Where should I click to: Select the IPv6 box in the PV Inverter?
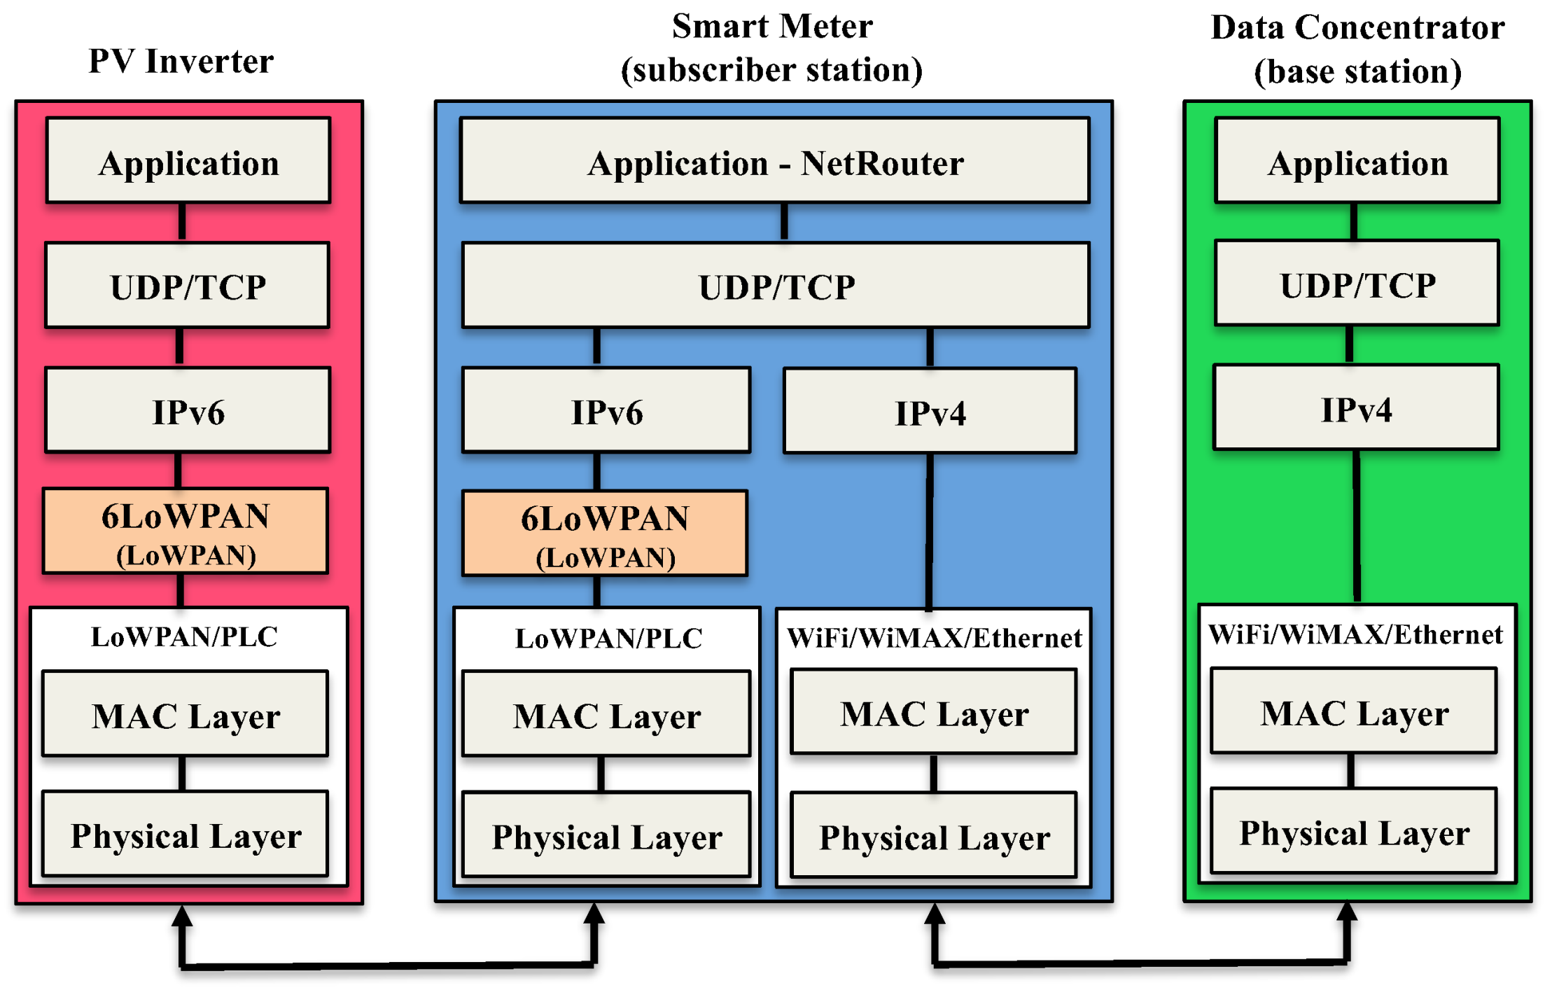188,411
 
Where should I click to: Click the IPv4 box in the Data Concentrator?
1356,408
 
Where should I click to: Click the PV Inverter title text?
181,62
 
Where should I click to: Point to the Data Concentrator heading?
1357,49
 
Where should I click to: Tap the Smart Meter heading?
771,48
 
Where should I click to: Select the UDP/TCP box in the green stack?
1357,284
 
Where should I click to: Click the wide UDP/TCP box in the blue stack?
776,286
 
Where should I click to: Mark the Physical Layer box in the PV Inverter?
186,835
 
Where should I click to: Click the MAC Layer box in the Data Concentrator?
1354,712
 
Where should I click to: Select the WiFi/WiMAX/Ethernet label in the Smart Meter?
934,638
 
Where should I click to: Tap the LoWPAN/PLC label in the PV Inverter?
184,636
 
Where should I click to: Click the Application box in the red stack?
188,162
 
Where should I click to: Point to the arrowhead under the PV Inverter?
182,916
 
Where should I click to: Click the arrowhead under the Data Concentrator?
1347,912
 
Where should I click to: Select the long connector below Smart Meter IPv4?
929,532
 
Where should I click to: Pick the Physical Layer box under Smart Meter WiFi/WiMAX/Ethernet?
934,836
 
